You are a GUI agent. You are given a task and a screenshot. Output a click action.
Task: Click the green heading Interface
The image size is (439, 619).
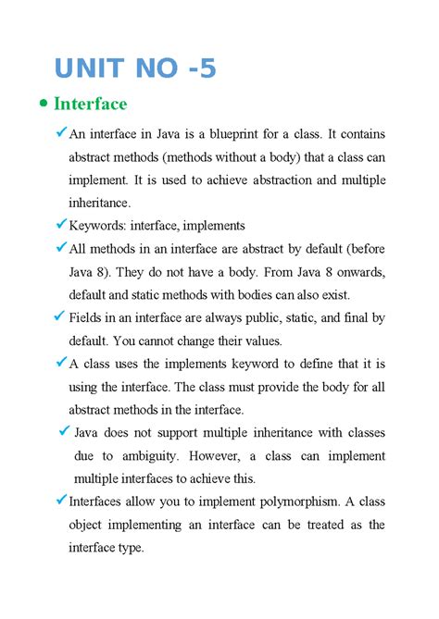pyautogui.click(x=90, y=104)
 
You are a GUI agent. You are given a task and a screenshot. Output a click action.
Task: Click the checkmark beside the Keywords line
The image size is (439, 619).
pyautogui.click(x=61, y=223)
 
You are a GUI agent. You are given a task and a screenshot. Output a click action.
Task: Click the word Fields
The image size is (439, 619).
pyautogui.click(x=90, y=318)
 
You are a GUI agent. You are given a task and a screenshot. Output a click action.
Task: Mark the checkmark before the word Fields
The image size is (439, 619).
pyautogui.click(x=58, y=316)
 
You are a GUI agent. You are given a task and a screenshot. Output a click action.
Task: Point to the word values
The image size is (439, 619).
pyautogui.click(x=253, y=340)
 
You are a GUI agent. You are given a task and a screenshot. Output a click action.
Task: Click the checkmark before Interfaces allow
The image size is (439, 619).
pyautogui.click(x=61, y=500)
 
